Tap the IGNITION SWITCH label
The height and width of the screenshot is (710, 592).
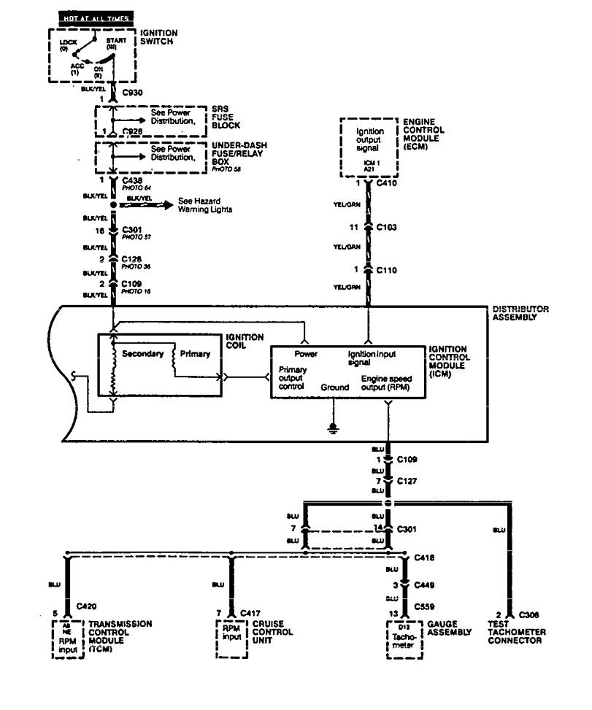pyautogui.click(x=158, y=36)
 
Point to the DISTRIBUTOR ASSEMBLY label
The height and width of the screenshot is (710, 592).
pyautogui.click(x=520, y=313)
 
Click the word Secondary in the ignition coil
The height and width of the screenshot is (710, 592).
pyautogui.click(x=142, y=354)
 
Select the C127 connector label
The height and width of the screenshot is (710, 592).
pyautogui.click(x=407, y=482)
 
